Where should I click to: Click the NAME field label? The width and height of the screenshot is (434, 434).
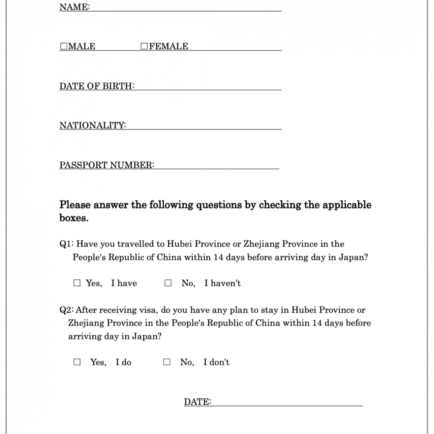[74, 7]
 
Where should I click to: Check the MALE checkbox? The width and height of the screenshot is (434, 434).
[63, 46]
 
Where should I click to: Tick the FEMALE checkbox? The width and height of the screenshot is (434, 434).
[144, 46]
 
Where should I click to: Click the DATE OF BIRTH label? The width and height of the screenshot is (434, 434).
[97, 86]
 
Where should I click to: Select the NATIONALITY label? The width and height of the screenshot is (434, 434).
[92, 125]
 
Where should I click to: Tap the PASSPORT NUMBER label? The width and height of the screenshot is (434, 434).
[107, 165]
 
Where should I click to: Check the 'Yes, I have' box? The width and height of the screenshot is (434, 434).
[77, 283]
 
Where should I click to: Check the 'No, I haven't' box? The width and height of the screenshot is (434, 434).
[168, 283]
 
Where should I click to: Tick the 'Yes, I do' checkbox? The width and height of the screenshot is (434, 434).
[77, 362]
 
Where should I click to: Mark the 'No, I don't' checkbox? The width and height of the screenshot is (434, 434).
[167, 362]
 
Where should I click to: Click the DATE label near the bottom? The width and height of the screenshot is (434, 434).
[197, 402]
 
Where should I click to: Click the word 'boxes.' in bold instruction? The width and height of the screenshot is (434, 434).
[74, 218]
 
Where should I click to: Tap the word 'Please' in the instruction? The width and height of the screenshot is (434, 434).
[75, 205]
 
